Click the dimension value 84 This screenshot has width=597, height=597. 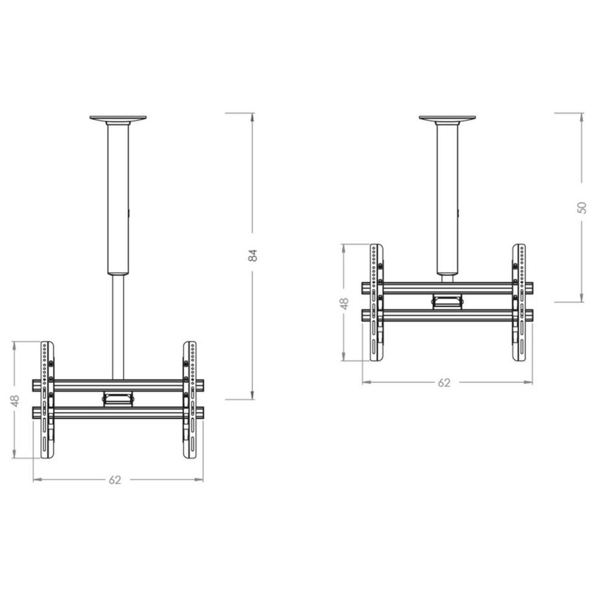253,255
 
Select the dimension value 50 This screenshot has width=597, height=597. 582,207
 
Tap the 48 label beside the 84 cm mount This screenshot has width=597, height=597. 15,400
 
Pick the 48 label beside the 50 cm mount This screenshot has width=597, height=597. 345,302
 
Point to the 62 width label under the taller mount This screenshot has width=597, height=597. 115,480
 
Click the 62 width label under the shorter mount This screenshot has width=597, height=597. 444,383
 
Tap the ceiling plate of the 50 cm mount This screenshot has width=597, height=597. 447,119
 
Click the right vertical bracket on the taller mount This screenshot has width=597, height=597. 190,400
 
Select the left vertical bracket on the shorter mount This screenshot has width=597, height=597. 375,302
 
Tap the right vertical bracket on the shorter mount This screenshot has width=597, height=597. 519,302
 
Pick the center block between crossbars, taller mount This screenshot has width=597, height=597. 117,396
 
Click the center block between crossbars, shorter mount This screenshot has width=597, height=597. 447,300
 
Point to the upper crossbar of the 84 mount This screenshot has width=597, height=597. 117,385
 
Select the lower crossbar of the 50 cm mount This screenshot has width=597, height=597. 447,315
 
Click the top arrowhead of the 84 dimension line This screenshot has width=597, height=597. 253,116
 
